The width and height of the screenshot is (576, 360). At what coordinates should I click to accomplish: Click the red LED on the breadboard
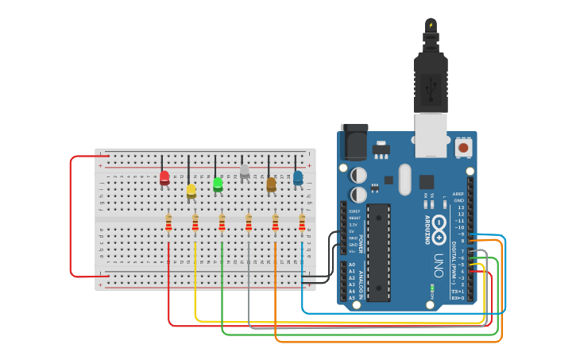[164, 177]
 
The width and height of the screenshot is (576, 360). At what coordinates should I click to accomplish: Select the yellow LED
[191, 190]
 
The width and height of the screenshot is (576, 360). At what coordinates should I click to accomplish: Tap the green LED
[218, 184]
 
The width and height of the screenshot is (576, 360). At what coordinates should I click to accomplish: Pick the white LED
[245, 171]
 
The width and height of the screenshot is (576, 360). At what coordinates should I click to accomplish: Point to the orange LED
[271, 184]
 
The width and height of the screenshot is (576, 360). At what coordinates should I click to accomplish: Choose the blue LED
[298, 177]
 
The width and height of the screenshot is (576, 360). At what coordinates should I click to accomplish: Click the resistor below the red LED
[168, 223]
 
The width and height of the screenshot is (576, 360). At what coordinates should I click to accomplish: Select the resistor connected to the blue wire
[302, 223]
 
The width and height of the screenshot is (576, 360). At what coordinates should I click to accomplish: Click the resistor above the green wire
[222, 223]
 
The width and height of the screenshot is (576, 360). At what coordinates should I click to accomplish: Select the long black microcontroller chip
[378, 252]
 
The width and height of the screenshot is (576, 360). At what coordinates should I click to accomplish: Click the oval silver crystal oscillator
[405, 179]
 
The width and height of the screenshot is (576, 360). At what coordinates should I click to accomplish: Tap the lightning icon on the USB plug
[431, 25]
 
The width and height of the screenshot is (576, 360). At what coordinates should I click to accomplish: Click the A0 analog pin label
[352, 264]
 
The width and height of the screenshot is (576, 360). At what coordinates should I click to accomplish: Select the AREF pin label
[458, 193]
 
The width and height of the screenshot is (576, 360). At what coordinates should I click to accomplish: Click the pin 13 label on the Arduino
[461, 207]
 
